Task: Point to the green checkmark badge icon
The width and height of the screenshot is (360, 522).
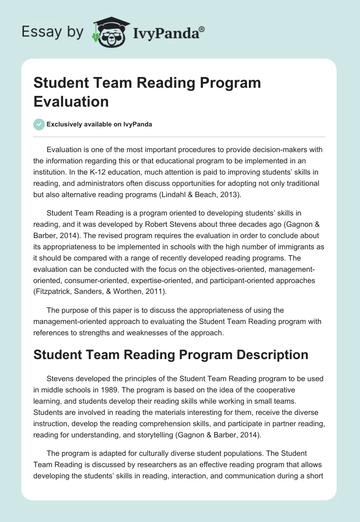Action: [x=39, y=125]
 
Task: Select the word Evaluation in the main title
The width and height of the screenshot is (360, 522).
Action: [x=71, y=101]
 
